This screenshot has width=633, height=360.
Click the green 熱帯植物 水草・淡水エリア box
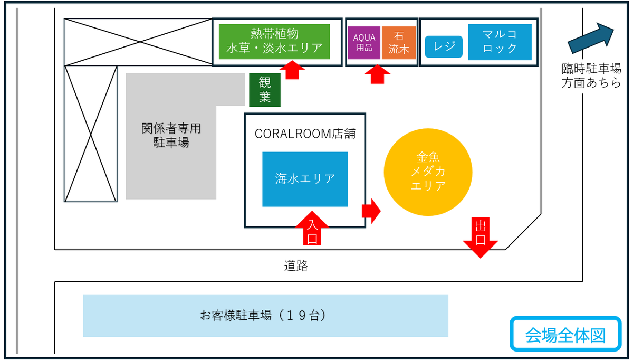point(274,42)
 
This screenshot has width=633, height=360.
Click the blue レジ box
point(444,46)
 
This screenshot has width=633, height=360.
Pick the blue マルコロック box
point(500,42)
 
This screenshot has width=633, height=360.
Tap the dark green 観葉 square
point(265,90)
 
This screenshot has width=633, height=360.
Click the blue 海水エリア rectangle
point(305,179)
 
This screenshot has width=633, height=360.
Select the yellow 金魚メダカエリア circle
point(428,172)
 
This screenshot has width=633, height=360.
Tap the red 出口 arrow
point(481,239)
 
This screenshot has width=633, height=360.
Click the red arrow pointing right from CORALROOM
point(371,211)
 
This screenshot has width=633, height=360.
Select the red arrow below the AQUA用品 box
point(377,74)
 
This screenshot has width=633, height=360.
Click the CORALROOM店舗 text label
point(305,134)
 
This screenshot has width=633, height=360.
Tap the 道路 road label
point(295,266)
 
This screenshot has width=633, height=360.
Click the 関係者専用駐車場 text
point(171,135)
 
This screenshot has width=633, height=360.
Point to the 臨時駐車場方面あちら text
point(591,75)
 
